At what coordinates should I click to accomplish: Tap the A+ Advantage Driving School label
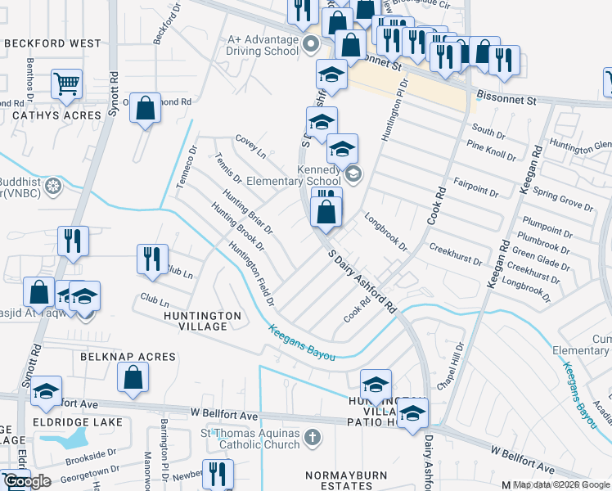tap(262, 44)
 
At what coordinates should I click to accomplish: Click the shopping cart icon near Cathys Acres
tap(66, 83)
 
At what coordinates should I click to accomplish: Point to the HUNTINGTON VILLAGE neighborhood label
tap(202, 321)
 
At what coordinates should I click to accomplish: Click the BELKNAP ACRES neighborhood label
tap(128, 357)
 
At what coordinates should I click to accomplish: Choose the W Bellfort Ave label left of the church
tap(214, 416)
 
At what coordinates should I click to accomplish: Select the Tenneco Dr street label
tap(187, 167)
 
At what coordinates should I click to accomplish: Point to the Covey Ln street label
tap(250, 146)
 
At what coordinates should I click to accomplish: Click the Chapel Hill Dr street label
tap(452, 366)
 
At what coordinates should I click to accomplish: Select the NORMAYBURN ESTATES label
tap(339, 480)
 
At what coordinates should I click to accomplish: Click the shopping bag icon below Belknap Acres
tap(133, 378)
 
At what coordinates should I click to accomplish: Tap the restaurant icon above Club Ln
tap(151, 259)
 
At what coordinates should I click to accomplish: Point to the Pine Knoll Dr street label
tap(491, 150)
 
